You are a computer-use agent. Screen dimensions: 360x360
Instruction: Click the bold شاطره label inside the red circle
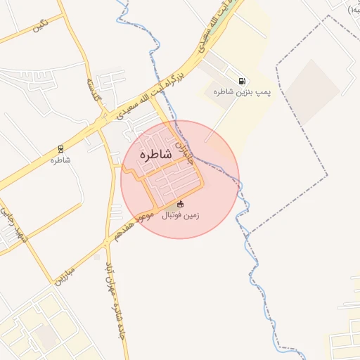coord(155,154)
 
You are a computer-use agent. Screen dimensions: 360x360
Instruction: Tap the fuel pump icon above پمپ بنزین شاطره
coord(243,82)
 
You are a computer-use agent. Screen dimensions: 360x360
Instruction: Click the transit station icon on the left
coord(60,149)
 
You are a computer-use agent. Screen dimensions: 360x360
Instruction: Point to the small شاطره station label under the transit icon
coord(60,160)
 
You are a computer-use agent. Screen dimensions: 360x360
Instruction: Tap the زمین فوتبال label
coord(181,215)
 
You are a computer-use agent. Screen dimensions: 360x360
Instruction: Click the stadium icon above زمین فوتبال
coord(181,204)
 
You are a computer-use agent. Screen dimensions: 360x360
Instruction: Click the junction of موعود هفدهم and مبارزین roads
coord(105,242)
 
